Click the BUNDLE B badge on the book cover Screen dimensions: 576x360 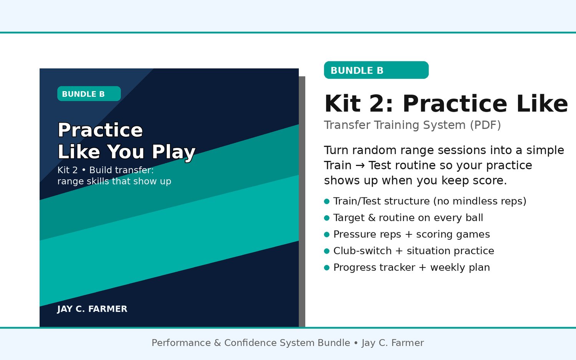[x=89, y=94]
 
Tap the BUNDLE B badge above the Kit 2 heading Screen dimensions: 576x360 [x=376, y=70]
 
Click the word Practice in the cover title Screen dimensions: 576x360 [x=100, y=130]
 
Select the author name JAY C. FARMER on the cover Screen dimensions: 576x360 [x=92, y=309]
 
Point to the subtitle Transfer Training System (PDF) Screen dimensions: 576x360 [x=412, y=125]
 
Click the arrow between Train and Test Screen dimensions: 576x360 [x=360, y=166]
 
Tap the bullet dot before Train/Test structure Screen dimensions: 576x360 [x=327, y=201]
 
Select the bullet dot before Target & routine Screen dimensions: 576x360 [x=327, y=218]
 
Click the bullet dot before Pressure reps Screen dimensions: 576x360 [x=327, y=234]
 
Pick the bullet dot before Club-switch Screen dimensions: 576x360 [x=327, y=251]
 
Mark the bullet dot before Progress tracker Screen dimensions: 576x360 [x=327, y=268]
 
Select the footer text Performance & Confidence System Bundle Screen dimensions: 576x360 [x=251, y=343]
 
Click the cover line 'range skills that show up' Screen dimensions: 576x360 [x=114, y=181]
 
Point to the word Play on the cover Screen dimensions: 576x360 [x=174, y=152]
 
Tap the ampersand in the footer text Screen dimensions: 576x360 [x=217, y=343]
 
